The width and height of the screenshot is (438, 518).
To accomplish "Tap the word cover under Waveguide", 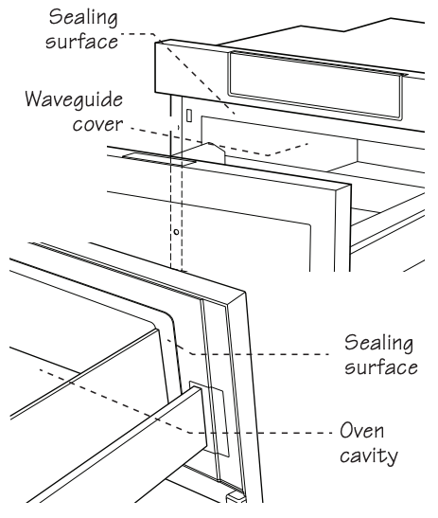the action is (x=97, y=125).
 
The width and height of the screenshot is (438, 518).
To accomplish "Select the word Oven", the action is (x=362, y=431).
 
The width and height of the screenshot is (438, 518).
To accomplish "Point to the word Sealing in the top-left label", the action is (x=83, y=18).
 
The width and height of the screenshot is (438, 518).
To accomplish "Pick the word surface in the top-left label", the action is (x=81, y=42).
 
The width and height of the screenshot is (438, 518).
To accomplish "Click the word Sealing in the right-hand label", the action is (x=378, y=344).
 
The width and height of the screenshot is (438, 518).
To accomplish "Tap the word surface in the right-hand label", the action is (x=381, y=367).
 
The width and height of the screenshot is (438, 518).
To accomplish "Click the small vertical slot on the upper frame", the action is (x=189, y=116).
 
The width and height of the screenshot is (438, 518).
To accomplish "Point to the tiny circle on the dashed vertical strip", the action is (x=176, y=232).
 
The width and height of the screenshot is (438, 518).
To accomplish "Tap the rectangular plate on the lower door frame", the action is (x=209, y=419).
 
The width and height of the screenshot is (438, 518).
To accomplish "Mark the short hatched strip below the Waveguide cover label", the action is (x=159, y=159).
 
